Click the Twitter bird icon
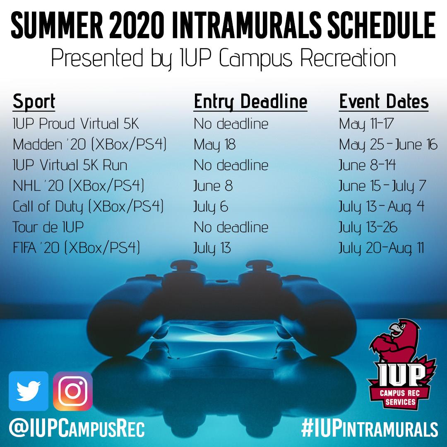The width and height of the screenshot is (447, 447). pos(29,391)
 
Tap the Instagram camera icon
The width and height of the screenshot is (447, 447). pos(73,391)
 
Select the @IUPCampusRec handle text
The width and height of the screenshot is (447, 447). pos(77,428)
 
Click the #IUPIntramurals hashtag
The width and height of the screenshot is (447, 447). pos(370,428)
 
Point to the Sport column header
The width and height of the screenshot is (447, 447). pos(34,102)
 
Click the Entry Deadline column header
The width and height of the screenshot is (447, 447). pos(250,102)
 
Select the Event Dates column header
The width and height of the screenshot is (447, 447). pos(384,101)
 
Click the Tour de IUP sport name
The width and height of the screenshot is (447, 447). pos(48,227)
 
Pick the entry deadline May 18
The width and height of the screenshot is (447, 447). pos(215,145)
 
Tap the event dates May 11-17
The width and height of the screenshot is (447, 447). pos(366,124)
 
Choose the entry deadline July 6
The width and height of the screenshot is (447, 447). pos(211,207)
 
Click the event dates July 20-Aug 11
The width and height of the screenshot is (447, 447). pos(381,248)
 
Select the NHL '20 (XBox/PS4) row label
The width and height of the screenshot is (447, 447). pos(78,186)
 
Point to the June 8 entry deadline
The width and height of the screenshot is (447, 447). pos(213,186)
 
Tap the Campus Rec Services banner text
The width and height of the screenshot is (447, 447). pos(400,398)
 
